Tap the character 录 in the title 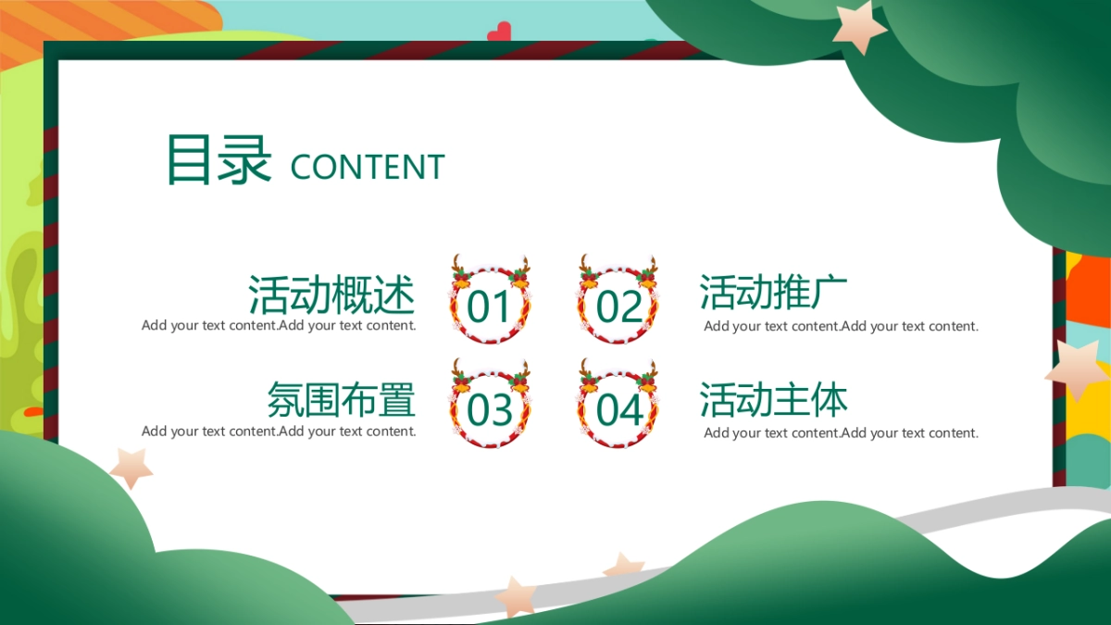[x=244, y=159]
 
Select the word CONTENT [x=368, y=168]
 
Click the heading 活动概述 [x=331, y=295]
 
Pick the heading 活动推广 [x=773, y=293]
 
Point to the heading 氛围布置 [x=341, y=400]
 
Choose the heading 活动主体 [x=773, y=400]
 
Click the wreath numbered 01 [x=490, y=302]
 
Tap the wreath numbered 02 [x=618, y=302]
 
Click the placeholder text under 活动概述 [x=279, y=326]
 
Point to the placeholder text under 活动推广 [x=841, y=326]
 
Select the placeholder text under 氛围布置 [x=279, y=431]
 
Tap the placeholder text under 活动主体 [x=841, y=432]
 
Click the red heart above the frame [x=499, y=32]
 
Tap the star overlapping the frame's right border [x=1078, y=370]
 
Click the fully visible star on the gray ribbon [x=516, y=596]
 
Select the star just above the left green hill [x=131, y=467]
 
